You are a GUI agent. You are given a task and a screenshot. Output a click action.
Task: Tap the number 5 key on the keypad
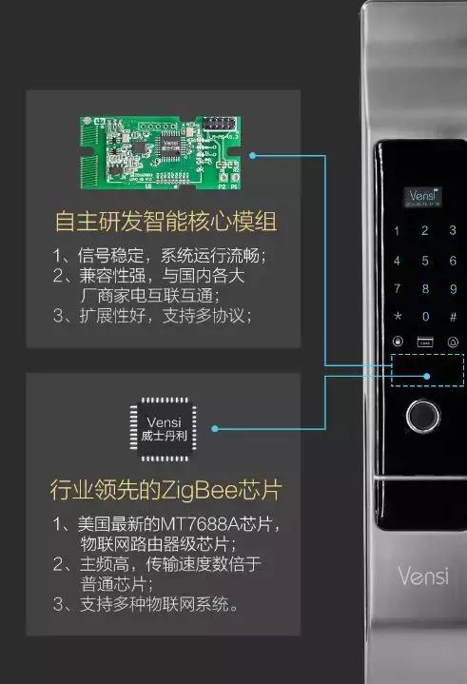click(x=425, y=259)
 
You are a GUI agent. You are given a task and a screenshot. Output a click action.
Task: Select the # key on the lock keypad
click(x=453, y=316)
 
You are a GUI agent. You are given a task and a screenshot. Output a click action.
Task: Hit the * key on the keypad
click(x=398, y=316)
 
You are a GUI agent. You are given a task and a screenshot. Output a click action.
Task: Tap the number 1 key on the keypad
click(x=398, y=230)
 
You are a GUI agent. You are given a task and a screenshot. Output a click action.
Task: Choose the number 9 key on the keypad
click(x=453, y=287)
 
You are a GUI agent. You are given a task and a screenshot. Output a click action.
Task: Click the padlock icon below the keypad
click(x=398, y=343)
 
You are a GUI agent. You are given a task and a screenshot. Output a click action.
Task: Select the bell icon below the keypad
click(x=453, y=343)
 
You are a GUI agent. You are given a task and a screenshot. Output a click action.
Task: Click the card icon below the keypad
click(x=425, y=343)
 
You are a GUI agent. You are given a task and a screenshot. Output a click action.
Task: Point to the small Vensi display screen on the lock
click(x=422, y=197)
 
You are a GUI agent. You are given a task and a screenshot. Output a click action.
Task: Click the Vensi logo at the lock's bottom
click(x=422, y=576)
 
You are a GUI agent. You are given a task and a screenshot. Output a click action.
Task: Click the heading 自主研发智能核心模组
click(x=165, y=223)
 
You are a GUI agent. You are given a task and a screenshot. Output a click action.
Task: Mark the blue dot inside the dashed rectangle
click(x=427, y=376)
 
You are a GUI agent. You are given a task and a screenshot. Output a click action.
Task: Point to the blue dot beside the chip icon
click(x=216, y=429)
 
